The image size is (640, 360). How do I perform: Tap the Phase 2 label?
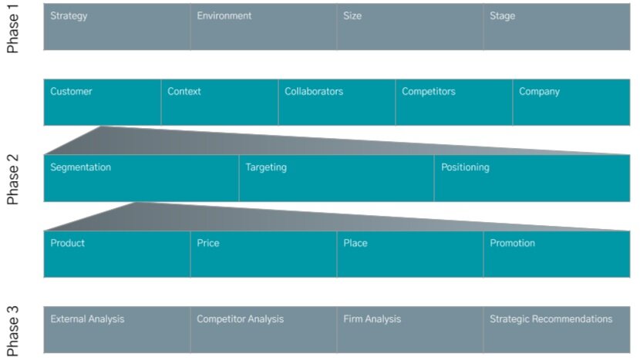tap(13, 179)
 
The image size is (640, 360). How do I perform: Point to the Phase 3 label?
tap(13, 332)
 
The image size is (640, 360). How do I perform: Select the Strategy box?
tap(116, 27)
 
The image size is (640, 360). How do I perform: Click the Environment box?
tap(263, 27)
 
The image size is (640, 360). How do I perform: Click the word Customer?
tap(71, 92)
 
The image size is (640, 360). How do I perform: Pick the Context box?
tap(220, 102)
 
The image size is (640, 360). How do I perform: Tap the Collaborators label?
tap(314, 92)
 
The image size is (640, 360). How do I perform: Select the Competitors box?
tap(454, 102)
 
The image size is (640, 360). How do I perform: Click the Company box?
tap(571, 102)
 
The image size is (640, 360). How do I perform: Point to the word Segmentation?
tap(81, 167)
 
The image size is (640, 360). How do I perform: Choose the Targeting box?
tap(336, 178)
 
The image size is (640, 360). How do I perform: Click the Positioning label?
tap(465, 167)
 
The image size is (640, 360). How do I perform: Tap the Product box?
tap(116, 254)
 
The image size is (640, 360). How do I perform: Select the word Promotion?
tap(512, 244)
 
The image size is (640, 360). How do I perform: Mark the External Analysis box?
tap(116, 329)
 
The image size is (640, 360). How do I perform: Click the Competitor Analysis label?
tap(240, 319)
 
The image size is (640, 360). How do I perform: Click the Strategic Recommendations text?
tap(551, 319)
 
